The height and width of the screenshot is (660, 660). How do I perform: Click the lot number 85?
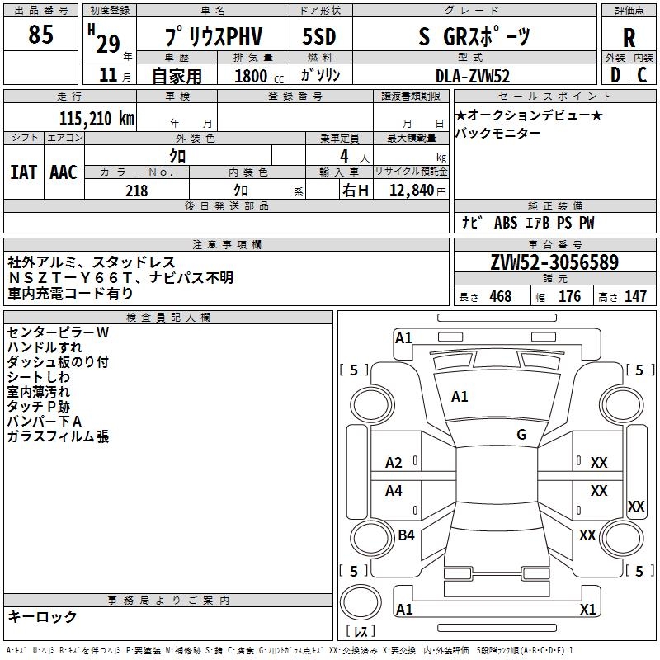(40, 35)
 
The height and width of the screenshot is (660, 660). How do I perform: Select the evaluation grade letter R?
(629, 37)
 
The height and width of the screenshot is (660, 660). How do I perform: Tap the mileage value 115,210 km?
(97, 119)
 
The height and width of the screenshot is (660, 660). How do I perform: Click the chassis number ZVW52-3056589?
(554, 263)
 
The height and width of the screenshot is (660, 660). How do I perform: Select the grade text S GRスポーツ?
(474, 36)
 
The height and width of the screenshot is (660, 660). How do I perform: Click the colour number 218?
(136, 191)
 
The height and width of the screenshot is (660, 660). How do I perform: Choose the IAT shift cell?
(23, 172)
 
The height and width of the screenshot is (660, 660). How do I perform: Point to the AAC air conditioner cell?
(63, 172)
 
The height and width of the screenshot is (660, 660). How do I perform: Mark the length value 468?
(500, 297)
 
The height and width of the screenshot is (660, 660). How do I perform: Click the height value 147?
(635, 297)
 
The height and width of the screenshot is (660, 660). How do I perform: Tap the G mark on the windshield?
(521, 434)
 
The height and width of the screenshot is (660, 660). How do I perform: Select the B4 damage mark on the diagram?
(406, 535)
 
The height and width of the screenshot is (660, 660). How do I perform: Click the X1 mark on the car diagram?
(587, 610)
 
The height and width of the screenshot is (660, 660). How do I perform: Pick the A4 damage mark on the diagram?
(394, 491)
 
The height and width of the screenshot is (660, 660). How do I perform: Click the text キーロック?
(42, 616)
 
